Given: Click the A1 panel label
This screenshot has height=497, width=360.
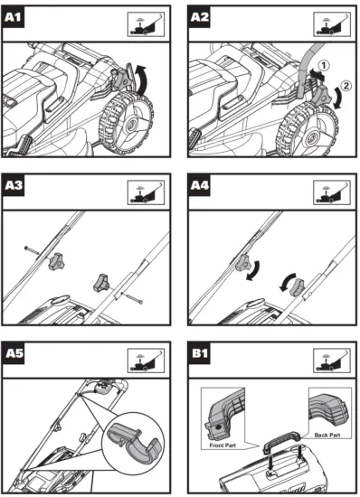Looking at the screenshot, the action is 13,17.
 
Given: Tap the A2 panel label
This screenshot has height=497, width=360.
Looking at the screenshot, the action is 199,17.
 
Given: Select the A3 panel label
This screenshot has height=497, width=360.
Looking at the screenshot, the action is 13,185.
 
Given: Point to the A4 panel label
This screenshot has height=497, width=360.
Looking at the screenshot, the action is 199,185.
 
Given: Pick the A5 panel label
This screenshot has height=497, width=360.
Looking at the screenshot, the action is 13,353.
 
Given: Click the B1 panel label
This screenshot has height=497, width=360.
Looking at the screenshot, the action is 199,353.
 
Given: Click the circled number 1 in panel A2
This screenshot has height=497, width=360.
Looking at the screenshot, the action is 324,66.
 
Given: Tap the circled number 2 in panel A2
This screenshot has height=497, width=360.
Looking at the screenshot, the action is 346,85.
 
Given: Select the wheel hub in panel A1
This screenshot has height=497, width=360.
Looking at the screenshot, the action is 130,125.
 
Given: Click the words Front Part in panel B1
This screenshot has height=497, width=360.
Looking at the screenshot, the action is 223,445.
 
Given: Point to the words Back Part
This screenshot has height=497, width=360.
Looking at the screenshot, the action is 327,435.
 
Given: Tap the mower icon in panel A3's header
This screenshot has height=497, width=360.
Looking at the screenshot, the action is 146,192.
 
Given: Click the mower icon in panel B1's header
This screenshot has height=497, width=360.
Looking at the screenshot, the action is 332,360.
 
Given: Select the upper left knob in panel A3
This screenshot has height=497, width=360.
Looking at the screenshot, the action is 56,261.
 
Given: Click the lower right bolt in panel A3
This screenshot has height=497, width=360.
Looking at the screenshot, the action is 132,298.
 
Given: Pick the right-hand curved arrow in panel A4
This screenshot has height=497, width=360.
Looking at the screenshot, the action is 287,282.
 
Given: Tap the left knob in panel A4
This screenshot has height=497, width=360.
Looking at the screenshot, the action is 243,263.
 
